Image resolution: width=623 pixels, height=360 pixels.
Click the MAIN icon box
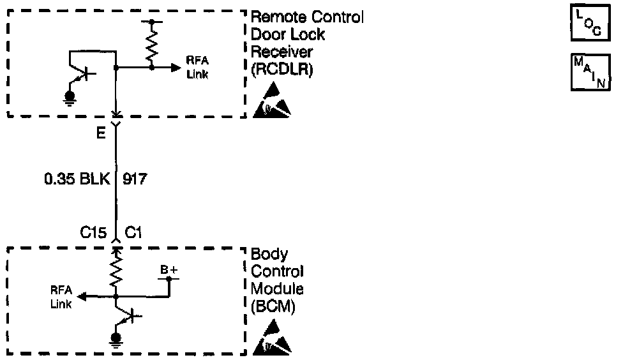pos(588,72)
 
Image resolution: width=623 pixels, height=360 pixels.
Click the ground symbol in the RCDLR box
pos(70,97)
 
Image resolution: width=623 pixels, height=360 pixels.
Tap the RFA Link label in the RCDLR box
pos(197,67)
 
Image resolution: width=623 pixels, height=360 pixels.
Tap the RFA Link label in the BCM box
pos(62,297)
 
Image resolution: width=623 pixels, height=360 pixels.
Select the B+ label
pos(169,271)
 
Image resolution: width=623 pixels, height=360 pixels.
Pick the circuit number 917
pos(134,180)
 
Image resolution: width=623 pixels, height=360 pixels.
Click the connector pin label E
pos(102,135)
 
